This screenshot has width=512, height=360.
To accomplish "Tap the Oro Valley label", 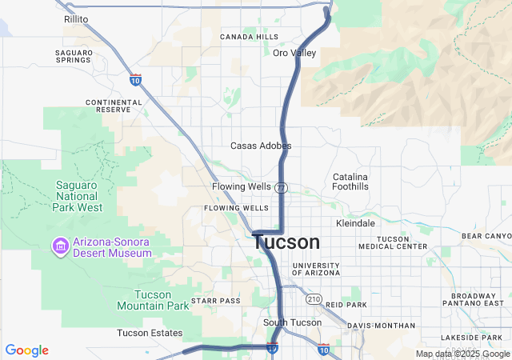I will point(294,53).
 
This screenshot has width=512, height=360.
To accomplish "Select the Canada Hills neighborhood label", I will point(250,37).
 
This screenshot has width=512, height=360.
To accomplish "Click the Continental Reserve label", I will point(114,106).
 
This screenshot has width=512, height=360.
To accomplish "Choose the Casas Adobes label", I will point(261,146).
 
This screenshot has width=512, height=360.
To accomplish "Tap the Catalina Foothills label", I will point(350,181).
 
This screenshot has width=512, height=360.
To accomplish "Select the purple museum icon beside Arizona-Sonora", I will point(59,244).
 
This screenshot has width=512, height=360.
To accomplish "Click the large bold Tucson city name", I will point(287,242).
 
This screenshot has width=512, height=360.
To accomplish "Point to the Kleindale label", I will point(356,223).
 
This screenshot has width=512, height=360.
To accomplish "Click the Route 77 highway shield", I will point(280,187).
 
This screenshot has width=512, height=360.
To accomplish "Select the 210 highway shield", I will point(313,299).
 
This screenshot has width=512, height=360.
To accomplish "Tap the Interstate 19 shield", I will point(272,349).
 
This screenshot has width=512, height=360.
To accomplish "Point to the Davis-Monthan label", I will point(382,326).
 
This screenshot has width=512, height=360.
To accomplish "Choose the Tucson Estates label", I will point(150,333).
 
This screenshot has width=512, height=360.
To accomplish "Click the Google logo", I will point(27,350).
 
